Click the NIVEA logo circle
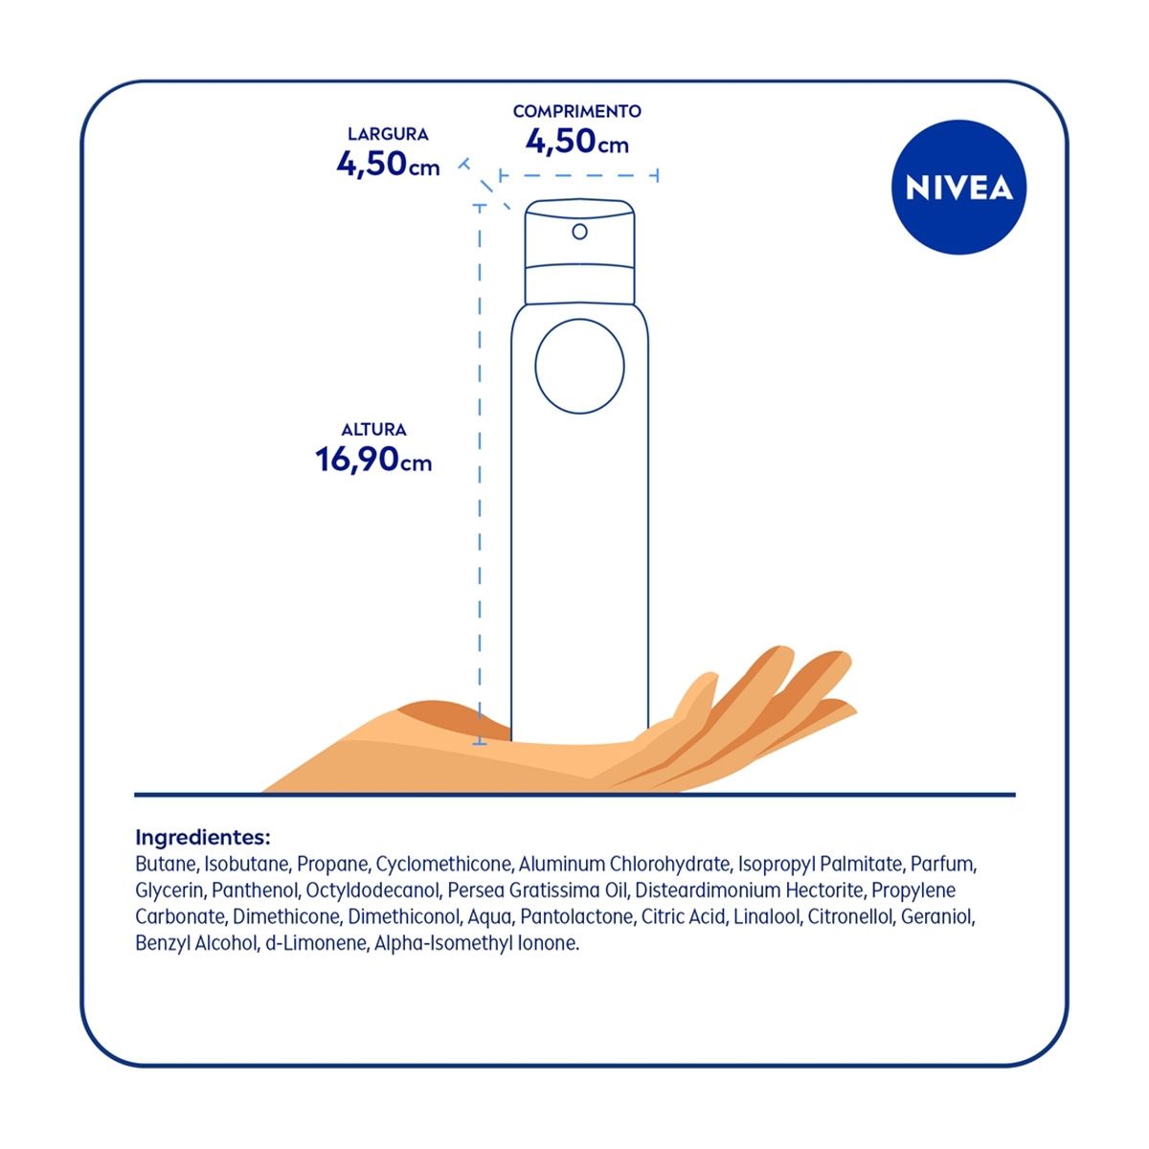click(x=958, y=188)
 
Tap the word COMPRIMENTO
click(x=576, y=111)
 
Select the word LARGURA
click(x=388, y=134)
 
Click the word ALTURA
click(x=373, y=429)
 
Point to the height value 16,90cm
click(x=373, y=460)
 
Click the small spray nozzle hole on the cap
click(x=579, y=232)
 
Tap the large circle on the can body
click(x=579, y=366)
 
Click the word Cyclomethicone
click(x=445, y=864)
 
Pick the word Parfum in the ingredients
click(x=943, y=864)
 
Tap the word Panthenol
click(x=256, y=890)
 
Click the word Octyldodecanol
click(x=373, y=890)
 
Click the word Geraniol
click(x=938, y=916)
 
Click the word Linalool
click(x=766, y=916)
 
